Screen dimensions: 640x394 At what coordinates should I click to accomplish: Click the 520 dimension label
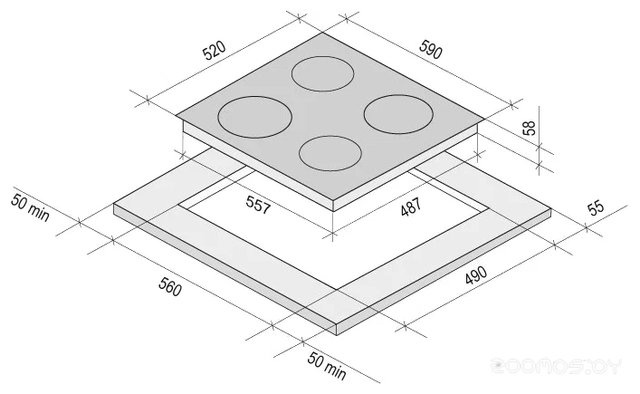(215, 50)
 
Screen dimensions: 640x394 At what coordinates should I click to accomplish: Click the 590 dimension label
(431, 50)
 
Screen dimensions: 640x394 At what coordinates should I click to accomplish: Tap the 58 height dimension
(529, 129)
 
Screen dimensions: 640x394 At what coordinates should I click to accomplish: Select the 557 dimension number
(258, 204)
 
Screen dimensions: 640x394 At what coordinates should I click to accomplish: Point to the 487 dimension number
(411, 207)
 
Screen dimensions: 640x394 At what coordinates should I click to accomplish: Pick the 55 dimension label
(596, 207)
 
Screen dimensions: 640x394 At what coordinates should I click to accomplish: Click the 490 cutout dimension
(476, 275)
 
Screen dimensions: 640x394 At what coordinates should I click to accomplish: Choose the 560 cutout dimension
(170, 286)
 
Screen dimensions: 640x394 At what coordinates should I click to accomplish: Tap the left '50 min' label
(30, 207)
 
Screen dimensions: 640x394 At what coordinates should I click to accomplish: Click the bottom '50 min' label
(327, 365)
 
